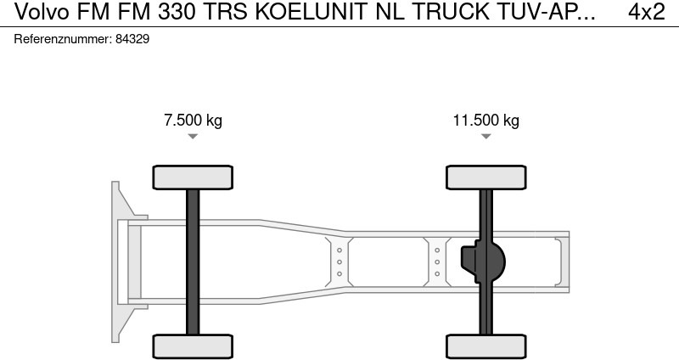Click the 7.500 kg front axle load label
click(x=193, y=121)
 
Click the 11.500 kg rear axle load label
click(x=485, y=121)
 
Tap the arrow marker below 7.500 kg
click(x=193, y=137)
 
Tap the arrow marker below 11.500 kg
click(x=486, y=137)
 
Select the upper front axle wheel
click(x=193, y=177)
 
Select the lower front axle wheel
click(x=193, y=346)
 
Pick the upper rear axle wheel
click(x=486, y=177)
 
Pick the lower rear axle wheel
click(x=486, y=346)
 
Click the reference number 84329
click(x=132, y=40)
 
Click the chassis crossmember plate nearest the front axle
click(x=339, y=262)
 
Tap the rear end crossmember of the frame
click(x=559, y=262)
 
